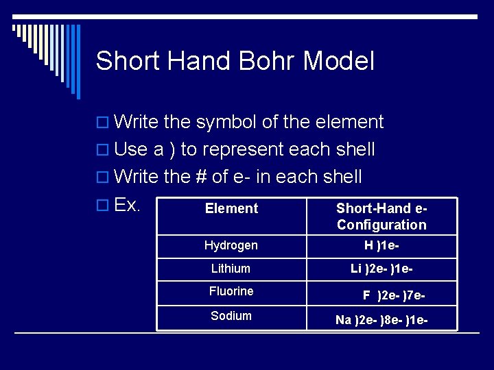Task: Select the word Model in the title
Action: [339, 61]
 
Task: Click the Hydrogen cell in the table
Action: [231, 245]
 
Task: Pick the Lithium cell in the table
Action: [231, 269]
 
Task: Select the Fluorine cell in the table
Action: [231, 291]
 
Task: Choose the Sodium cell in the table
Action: [231, 316]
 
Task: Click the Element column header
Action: [231, 208]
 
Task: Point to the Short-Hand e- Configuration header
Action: [381, 217]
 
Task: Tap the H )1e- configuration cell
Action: [381, 245]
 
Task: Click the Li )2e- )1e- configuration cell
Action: [381, 269]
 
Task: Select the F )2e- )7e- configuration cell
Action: [395, 295]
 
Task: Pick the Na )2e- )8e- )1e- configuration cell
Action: [381, 319]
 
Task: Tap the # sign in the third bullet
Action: [201, 177]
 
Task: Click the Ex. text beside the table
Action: [128, 205]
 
